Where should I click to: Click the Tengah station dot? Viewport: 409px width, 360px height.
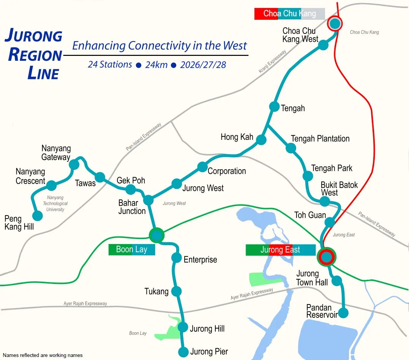coord(274,106)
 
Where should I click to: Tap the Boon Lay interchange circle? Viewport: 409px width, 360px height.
coord(156,235)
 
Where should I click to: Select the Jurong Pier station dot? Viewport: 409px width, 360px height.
coord(183,352)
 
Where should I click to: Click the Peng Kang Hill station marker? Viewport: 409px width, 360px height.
coord(37,216)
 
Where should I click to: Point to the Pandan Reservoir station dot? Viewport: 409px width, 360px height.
coord(343,313)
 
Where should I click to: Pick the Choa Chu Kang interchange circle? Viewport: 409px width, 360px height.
coord(335,24)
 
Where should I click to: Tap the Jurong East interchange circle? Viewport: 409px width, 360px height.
coord(327,257)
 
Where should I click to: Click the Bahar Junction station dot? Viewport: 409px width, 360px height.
coord(148,200)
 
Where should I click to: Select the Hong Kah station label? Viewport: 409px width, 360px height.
coord(237,137)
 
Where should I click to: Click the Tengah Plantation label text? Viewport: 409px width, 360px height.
coord(320,139)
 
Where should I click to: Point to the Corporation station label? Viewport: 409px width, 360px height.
coord(227,171)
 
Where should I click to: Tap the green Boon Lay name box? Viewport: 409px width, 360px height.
coord(131,249)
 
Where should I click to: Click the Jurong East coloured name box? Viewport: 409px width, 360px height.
coord(280,250)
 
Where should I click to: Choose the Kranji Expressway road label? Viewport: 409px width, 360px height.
coord(272,62)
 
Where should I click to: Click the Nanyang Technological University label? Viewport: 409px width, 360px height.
coord(55,203)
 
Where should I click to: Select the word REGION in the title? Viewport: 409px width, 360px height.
coord(35,55)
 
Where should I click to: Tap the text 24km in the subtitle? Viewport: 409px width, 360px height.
coord(156,65)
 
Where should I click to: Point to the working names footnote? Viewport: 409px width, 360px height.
coord(43,355)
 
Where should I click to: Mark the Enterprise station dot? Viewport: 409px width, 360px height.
coord(177,258)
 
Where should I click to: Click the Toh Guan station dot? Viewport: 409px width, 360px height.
coord(330,222)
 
